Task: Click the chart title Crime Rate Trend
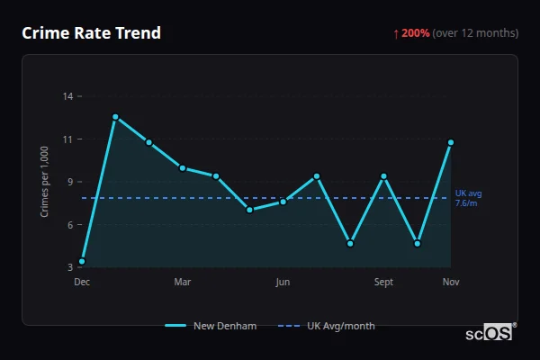coord(91,33)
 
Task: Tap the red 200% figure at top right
coord(415,33)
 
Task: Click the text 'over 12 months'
coord(477,33)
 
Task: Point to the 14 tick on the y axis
coord(67,95)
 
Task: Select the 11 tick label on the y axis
coord(67,139)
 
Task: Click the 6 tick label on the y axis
coord(69,224)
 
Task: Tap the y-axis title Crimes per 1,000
coord(45,181)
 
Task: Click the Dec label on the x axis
coord(82,283)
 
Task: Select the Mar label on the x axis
coord(183,283)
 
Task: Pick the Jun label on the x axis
coord(283,283)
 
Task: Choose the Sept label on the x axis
coord(383,283)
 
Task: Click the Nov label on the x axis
coord(451,283)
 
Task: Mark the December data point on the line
coord(82,262)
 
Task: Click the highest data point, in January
coord(115,117)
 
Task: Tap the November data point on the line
coord(451,142)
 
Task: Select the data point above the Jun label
coord(283,202)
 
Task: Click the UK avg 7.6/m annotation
coord(468,198)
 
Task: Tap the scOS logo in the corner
coord(490,333)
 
